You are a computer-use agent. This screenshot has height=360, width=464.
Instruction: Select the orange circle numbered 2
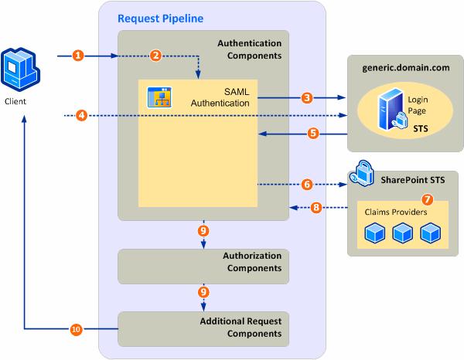[x=155, y=56]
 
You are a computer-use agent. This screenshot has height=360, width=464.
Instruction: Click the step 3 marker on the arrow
[x=307, y=98]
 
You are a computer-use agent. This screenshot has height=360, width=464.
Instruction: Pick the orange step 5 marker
[x=312, y=133]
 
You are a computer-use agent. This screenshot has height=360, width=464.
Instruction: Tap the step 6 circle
[x=307, y=185]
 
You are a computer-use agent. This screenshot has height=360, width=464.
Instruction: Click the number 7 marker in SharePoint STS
[x=426, y=199]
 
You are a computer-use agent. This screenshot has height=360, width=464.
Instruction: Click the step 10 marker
[x=76, y=329]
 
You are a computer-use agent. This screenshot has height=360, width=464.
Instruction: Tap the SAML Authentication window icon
[x=159, y=97]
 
